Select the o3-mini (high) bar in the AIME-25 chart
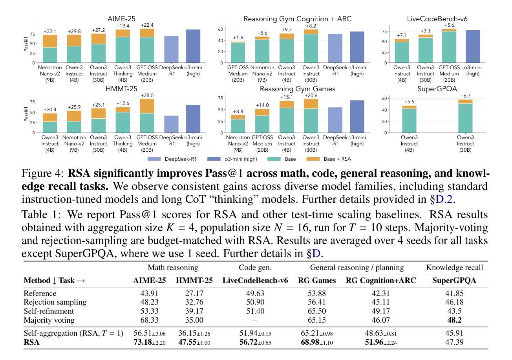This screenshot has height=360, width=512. pos(193,46)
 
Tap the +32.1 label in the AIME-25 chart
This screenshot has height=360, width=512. pos(50,31)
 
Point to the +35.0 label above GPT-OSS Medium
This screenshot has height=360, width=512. pos(147,96)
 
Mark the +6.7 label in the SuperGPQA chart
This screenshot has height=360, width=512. pos(465,96)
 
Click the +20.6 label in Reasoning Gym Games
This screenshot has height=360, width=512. pos(311,96)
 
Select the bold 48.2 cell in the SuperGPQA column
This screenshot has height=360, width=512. pos(454,320)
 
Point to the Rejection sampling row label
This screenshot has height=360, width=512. pos(55,302)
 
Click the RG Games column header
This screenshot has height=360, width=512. pos(317,281)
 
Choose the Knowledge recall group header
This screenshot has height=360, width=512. pos(454,268)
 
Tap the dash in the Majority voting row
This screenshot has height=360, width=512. pos(255,320)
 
